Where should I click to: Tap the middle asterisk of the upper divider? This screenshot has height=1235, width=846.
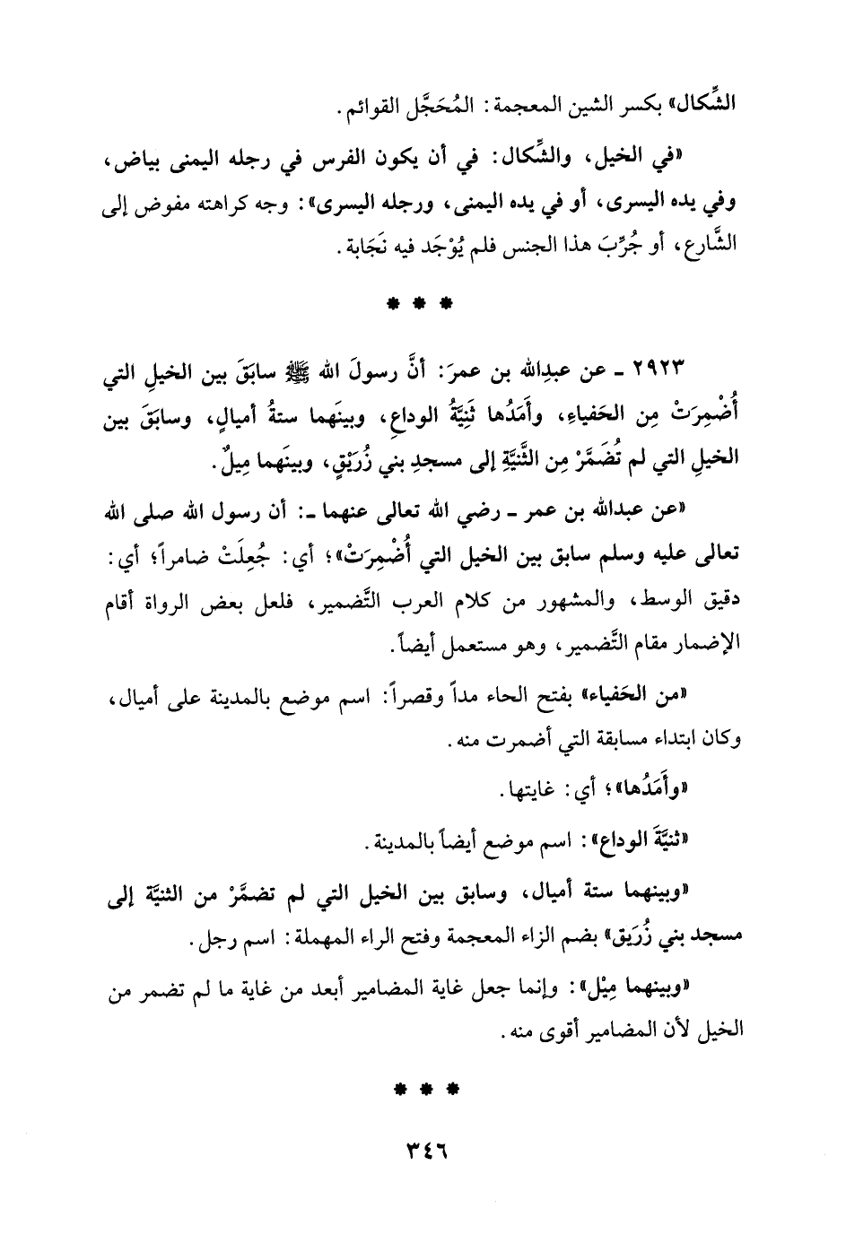(421, 304)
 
